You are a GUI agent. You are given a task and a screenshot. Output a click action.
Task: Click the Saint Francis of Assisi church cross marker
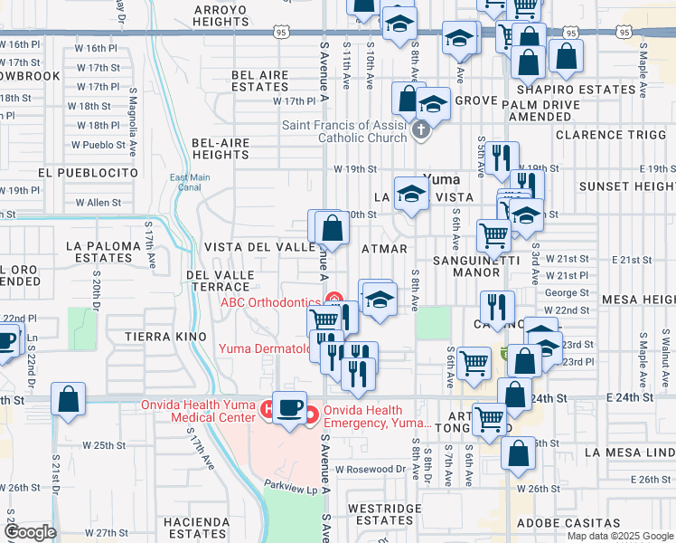(x=419, y=131)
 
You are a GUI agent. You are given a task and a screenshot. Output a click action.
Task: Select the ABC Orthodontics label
(x=271, y=302)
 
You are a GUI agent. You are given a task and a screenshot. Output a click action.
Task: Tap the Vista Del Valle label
(x=258, y=247)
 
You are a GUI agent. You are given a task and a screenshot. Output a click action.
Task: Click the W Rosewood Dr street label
(x=371, y=470)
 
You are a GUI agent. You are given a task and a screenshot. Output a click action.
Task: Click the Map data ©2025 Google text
(x=619, y=536)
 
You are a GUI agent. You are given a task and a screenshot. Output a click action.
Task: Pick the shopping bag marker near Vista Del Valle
(x=332, y=227)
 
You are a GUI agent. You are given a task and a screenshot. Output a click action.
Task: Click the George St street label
(x=567, y=293)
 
